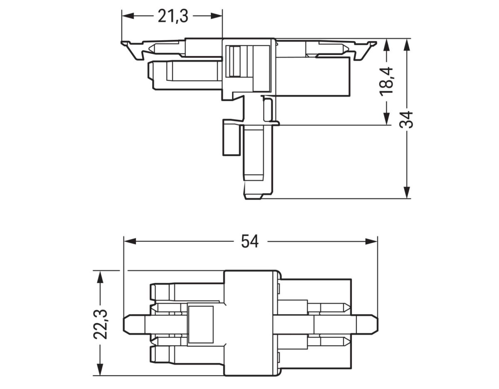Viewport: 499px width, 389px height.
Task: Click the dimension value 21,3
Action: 173,16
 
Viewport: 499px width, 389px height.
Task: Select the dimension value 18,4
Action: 387,82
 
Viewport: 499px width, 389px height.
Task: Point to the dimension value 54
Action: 250,241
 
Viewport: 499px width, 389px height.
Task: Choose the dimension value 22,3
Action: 100,324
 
